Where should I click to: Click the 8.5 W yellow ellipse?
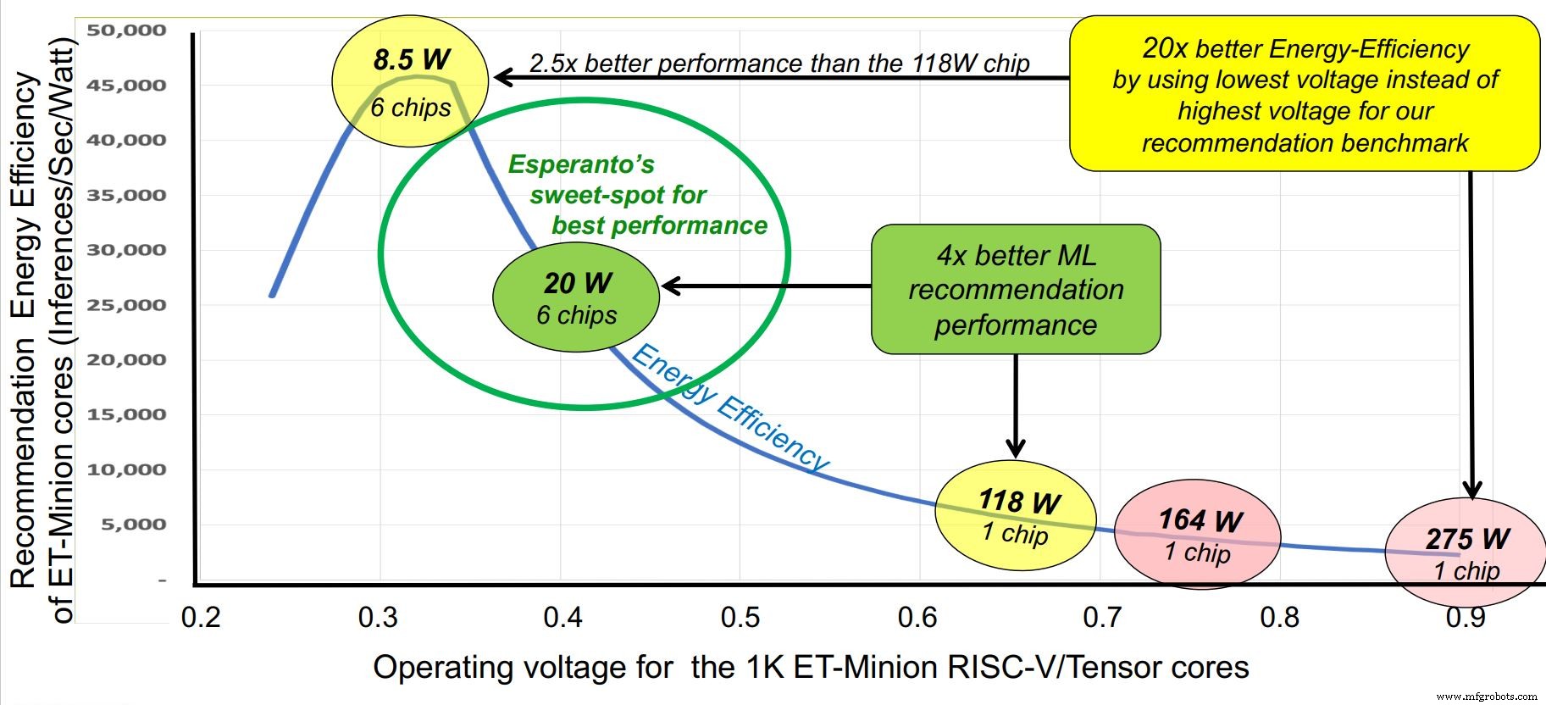coord(410,81)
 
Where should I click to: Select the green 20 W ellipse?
coord(576,297)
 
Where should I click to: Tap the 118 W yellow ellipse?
coord(1016,515)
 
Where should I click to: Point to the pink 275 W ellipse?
coord(1465,552)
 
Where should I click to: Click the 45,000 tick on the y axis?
coord(125,85)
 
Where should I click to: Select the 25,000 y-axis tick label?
coord(125,305)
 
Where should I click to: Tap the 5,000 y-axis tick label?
coord(133,525)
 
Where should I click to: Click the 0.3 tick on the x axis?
coord(378,617)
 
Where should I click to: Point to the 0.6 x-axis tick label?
coord(917,617)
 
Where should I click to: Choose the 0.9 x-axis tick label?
coord(1466,617)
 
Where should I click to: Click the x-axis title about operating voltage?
coord(811,668)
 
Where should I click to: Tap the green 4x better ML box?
coord(1016,289)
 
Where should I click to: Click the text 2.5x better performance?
coord(779,64)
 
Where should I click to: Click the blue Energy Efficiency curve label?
coord(729,408)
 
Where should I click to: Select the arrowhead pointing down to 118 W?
coord(1016,449)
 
